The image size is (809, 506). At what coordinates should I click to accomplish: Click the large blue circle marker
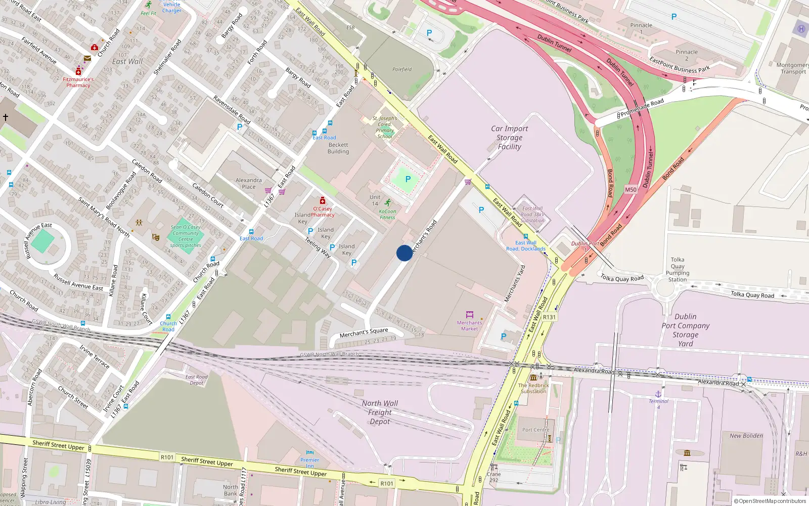tap(404, 253)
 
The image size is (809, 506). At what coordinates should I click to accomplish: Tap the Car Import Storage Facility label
tap(509, 138)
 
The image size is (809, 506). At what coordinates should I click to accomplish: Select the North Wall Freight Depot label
tap(380, 412)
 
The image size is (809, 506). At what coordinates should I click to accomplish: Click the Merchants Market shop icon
tap(469, 315)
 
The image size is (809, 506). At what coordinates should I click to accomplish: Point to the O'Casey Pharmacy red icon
tap(323, 201)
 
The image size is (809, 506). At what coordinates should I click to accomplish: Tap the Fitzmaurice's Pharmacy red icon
tap(78, 72)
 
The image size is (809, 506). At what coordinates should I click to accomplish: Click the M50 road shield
tap(631, 190)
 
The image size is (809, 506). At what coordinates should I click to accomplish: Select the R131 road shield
tap(549, 317)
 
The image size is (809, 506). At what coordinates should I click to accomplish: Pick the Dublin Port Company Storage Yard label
tap(685, 330)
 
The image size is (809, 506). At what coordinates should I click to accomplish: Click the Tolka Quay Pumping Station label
tap(678, 269)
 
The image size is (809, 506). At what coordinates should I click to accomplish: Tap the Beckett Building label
tap(338, 148)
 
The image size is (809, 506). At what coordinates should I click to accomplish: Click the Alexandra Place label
tap(249, 183)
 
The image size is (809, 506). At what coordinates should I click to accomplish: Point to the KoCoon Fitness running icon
tap(387, 203)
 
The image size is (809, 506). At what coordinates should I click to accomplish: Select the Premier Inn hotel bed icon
tap(310, 453)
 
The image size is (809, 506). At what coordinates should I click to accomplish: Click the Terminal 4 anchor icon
tap(658, 394)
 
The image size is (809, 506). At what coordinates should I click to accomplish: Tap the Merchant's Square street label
tap(364, 332)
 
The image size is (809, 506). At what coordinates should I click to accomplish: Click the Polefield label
tap(402, 69)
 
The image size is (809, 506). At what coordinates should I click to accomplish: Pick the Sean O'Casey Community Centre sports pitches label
tap(186, 236)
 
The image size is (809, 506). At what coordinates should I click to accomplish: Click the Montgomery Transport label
tap(793, 68)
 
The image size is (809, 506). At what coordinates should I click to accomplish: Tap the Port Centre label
tap(535, 430)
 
